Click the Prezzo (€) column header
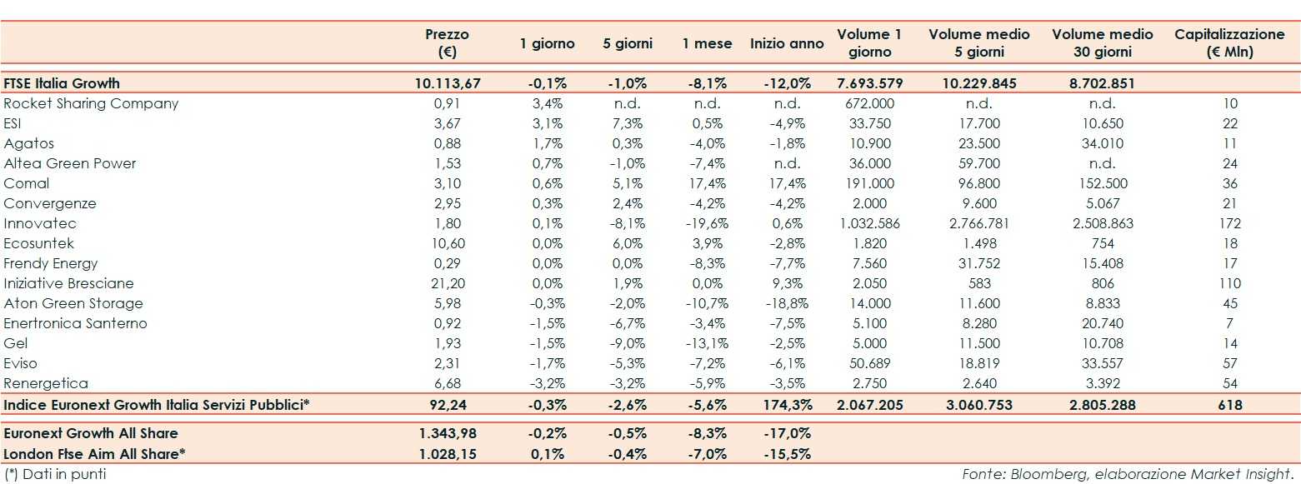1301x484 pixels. coord(447,42)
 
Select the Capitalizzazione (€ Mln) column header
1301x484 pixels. coord(1229,42)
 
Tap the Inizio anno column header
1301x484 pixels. coord(787,43)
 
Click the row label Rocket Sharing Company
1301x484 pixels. coord(91,104)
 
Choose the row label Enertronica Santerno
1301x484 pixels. coord(75,323)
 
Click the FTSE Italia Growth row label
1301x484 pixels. coord(62,83)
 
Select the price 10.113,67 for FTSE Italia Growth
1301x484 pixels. coord(448,83)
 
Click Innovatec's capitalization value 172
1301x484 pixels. coord(1229,223)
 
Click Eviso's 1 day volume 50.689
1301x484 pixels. coord(870,363)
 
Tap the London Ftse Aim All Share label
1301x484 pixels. coord(93,454)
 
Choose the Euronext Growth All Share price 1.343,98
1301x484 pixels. coord(448,434)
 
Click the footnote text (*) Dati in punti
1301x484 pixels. coord(55,475)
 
